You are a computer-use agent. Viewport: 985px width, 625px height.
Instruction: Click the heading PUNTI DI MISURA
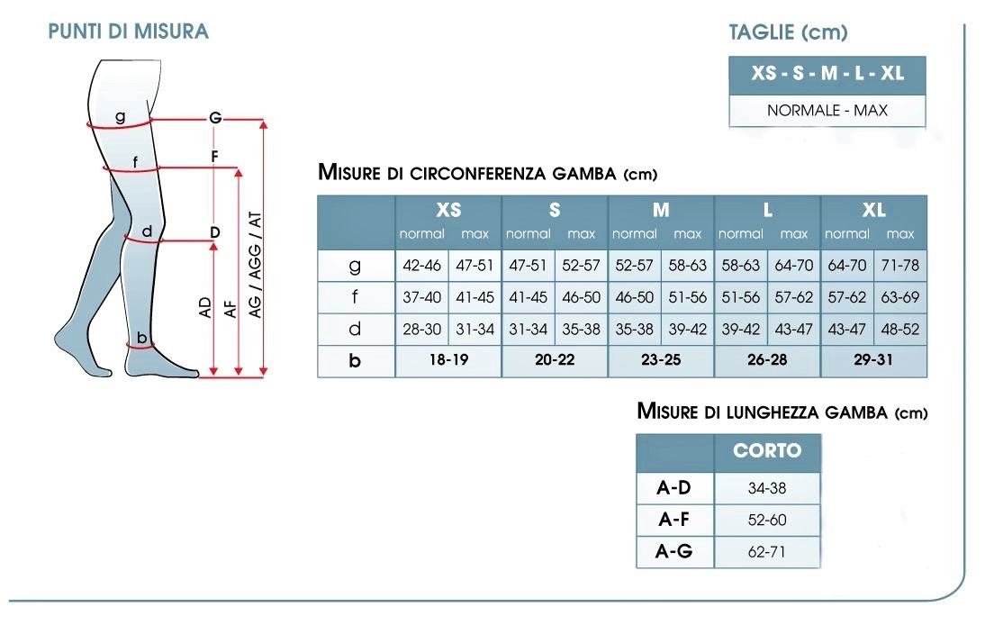click(x=128, y=32)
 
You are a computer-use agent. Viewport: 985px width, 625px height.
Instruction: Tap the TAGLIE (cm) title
click(x=788, y=32)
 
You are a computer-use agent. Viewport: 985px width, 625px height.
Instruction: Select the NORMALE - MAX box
click(x=827, y=111)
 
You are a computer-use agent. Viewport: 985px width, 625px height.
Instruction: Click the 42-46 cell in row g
click(x=422, y=266)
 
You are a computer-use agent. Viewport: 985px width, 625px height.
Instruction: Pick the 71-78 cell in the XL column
click(x=900, y=266)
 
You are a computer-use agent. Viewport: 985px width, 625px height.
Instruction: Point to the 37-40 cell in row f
click(x=422, y=297)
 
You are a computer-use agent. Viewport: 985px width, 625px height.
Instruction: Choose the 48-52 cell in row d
click(x=900, y=329)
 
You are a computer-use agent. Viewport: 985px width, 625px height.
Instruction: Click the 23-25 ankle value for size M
click(x=661, y=360)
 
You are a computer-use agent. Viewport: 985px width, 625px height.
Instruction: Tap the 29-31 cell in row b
click(x=873, y=360)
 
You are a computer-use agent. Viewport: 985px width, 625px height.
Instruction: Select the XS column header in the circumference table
click(x=448, y=210)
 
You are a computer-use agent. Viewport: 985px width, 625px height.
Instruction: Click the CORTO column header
click(x=767, y=450)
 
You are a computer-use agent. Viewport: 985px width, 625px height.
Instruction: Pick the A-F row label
click(x=674, y=520)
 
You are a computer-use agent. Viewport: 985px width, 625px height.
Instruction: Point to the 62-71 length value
click(x=767, y=552)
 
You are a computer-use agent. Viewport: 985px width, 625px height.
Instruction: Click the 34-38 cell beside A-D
click(x=767, y=488)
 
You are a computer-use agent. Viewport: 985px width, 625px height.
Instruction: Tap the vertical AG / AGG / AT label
click(x=255, y=265)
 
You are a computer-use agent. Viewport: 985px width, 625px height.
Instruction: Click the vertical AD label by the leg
click(x=205, y=307)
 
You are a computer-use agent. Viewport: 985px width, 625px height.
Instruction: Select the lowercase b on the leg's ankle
click(x=142, y=338)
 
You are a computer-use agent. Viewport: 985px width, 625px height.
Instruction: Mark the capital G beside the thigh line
click(x=215, y=117)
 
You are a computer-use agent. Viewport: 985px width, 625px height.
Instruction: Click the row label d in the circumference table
click(x=355, y=329)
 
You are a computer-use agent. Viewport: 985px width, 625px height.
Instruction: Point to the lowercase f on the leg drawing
click(x=135, y=162)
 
